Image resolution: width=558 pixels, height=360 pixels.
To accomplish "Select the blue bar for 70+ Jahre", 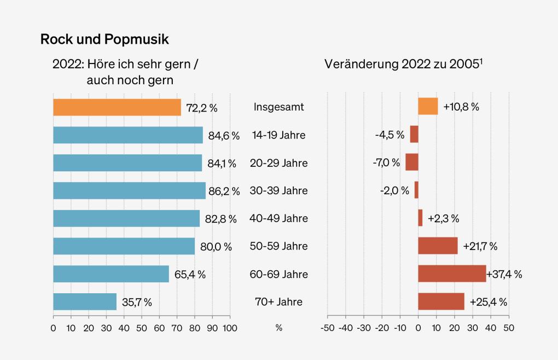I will coord(85,301).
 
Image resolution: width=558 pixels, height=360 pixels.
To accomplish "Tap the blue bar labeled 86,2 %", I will coord(129,190).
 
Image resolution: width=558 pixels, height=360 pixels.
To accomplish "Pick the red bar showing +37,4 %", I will coord(452,274).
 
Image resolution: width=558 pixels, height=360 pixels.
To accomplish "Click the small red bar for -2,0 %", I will coord(416,190).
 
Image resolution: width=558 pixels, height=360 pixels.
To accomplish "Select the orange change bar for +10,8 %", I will coord(428,107).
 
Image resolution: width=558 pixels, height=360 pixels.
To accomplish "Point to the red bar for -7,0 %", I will coord(411,162).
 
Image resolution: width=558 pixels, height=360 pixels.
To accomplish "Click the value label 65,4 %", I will coord(190,274).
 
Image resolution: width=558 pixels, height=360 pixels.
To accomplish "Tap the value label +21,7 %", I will coord(480,246).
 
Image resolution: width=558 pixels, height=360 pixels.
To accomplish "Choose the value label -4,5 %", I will coord(390,135).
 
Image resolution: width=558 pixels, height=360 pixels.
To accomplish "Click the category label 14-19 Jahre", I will coord(278,135).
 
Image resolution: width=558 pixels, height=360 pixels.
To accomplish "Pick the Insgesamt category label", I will coord(278,107).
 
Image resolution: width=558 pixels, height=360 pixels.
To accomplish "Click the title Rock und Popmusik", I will coord(104,39).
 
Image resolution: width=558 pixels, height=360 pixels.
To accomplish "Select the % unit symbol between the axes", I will coord(278,328).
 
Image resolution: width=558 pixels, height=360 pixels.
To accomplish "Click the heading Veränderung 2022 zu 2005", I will coord(403,64).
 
